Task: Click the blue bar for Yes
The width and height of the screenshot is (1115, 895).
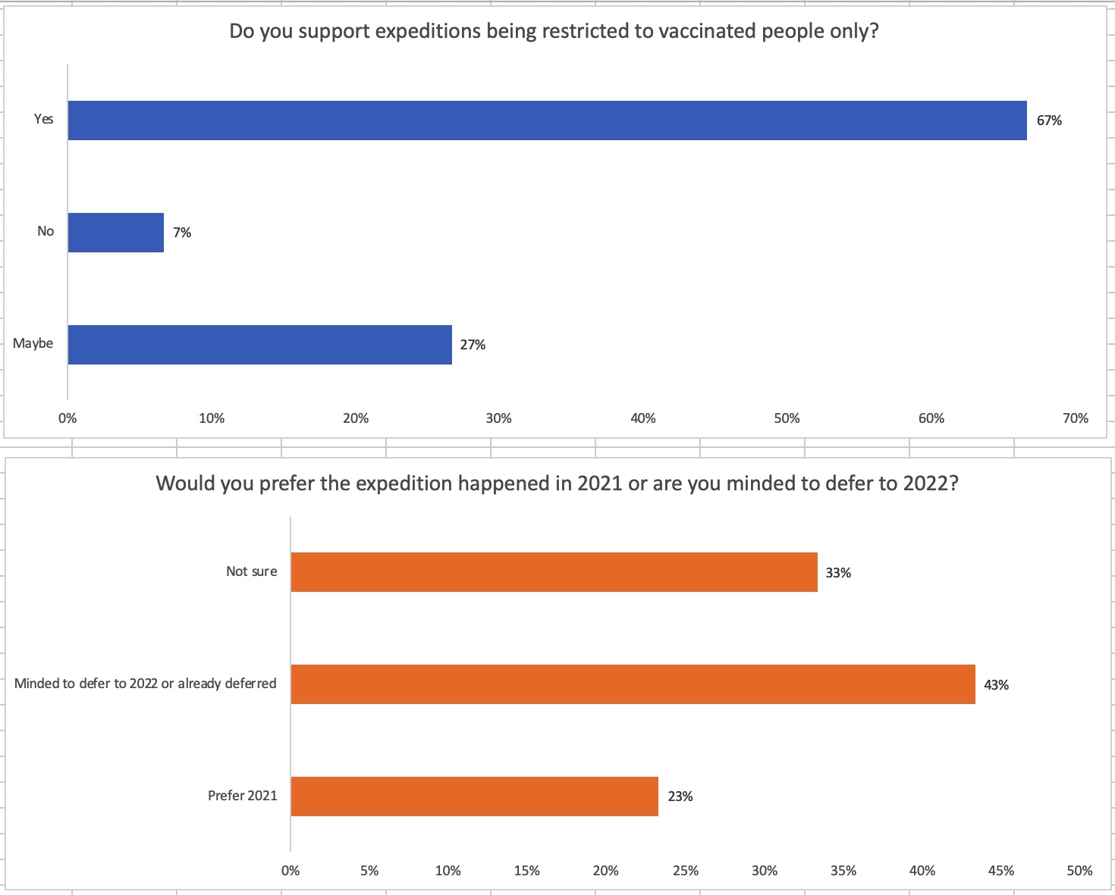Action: pyautogui.click(x=547, y=120)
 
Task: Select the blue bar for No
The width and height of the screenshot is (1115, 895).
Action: pyautogui.click(x=116, y=233)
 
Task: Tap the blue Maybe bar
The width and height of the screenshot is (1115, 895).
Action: pyautogui.click(x=259, y=345)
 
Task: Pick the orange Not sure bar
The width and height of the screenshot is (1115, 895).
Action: pyautogui.click(x=554, y=572)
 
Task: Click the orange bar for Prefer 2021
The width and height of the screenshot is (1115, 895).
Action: pyautogui.click(x=474, y=796)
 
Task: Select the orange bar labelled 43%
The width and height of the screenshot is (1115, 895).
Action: pyautogui.click(x=633, y=684)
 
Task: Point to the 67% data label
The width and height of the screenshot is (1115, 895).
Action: pyautogui.click(x=1049, y=120)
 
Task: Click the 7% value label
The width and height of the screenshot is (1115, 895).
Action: pyautogui.click(x=182, y=233)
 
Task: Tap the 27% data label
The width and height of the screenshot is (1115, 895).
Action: pyautogui.click(x=473, y=345)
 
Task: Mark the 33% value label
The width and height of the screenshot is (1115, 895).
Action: pyautogui.click(x=838, y=573)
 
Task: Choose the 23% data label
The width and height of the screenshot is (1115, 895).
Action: pyautogui.click(x=680, y=796)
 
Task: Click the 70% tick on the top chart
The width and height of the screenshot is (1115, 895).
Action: pyautogui.click(x=1076, y=418)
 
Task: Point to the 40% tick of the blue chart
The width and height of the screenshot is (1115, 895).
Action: pyautogui.click(x=643, y=418)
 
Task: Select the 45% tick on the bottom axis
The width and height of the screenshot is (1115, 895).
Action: pyautogui.click(x=1001, y=871)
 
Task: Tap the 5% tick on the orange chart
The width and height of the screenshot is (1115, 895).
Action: pyautogui.click(x=369, y=871)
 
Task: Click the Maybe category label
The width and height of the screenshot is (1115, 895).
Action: pyautogui.click(x=33, y=343)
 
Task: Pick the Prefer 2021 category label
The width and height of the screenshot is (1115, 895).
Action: pyautogui.click(x=243, y=796)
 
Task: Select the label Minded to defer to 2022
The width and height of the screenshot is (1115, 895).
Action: pyautogui.click(x=146, y=684)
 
